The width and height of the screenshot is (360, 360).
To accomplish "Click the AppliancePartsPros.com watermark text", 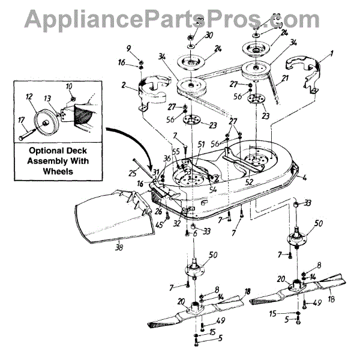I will click(180, 18).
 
